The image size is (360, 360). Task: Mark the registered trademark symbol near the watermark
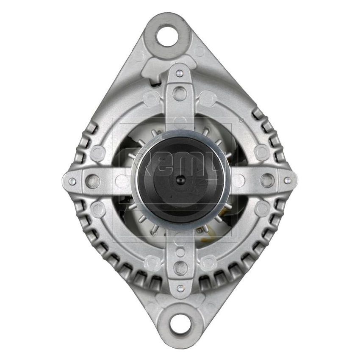coord(242,121)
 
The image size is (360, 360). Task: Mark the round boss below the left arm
coord(98,208)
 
